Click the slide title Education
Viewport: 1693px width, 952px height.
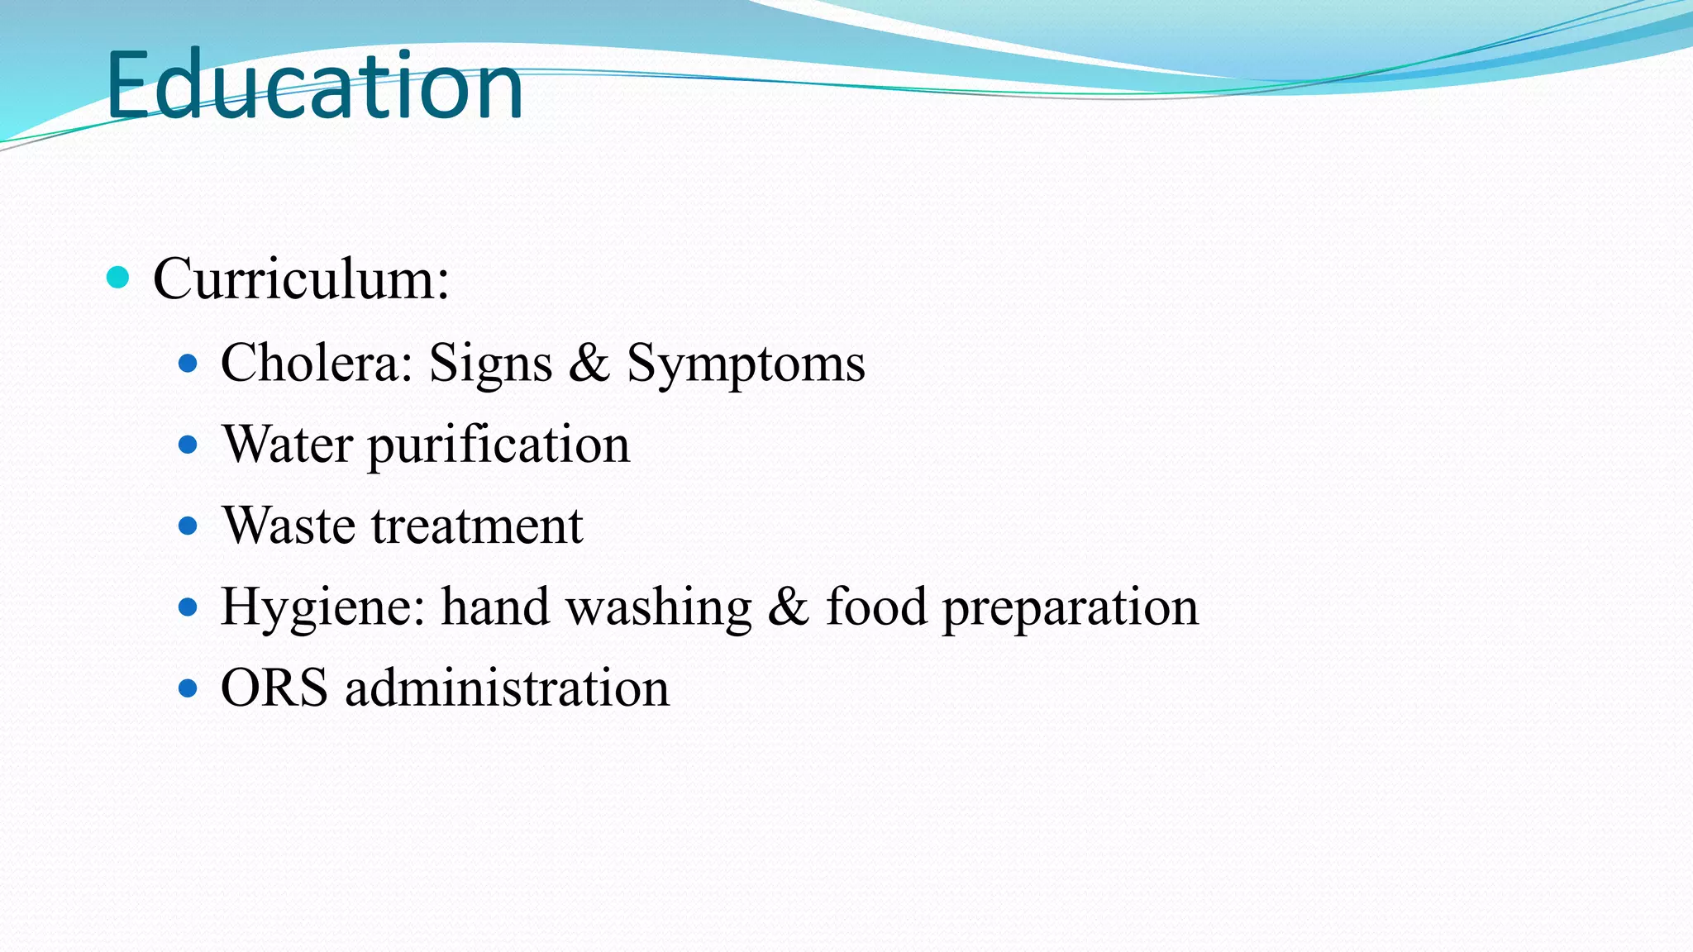click(314, 85)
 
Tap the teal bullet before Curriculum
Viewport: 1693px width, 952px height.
click(118, 277)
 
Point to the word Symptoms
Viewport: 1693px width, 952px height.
click(746, 364)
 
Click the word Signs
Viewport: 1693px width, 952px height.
click(490, 364)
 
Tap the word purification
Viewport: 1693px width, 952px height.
click(498, 445)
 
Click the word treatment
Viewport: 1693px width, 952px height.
click(477, 525)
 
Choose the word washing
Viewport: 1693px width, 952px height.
click(658, 607)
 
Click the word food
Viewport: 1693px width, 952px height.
click(876, 606)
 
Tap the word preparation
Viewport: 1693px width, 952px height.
click(1071, 607)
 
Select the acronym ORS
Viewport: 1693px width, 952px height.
click(274, 687)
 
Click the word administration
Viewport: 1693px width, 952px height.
click(507, 687)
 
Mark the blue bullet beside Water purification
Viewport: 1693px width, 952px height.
click(188, 445)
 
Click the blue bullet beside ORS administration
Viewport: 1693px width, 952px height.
click(188, 688)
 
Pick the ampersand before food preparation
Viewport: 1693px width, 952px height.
click(789, 606)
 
